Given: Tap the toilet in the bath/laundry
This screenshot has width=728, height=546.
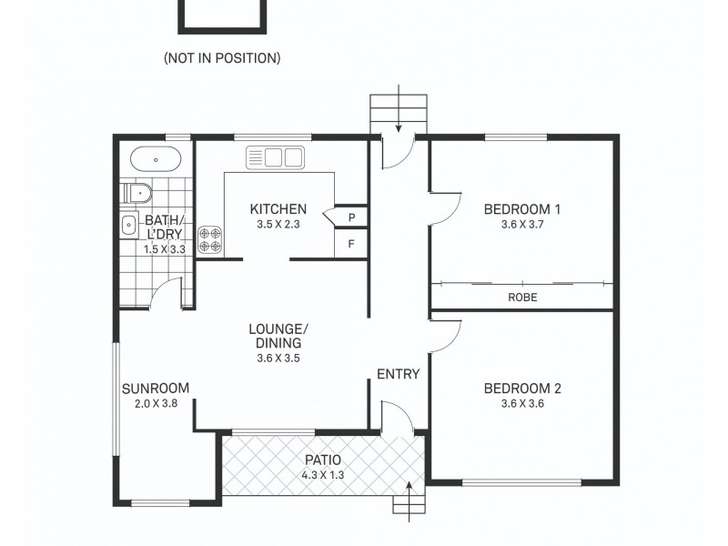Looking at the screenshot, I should [136, 193].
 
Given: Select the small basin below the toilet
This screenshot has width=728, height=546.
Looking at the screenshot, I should [128, 225].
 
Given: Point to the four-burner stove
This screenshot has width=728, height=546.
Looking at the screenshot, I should [210, 239].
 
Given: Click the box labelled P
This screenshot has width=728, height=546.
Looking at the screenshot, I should [351, 217].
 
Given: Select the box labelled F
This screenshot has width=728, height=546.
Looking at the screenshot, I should [351, 244].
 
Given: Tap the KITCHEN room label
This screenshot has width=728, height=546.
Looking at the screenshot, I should [278, 208].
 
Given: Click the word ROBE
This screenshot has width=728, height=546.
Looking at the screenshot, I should [522, 297].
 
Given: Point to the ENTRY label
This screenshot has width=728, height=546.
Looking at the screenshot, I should [399, 373].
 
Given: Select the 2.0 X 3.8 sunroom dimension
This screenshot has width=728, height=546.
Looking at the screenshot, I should [155, 405].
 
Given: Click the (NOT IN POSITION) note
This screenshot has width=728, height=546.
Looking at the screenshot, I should [222, 58].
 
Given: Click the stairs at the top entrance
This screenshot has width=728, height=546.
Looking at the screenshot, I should [398, 113].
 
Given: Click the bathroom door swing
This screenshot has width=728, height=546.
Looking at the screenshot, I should [166, 293].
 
